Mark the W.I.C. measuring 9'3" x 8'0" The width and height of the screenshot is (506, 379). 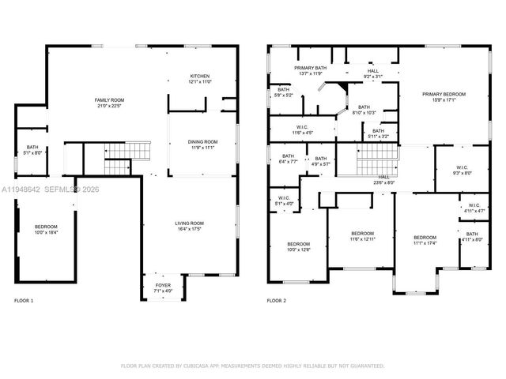(463, 170)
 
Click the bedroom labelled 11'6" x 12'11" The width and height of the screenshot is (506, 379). (362, 236)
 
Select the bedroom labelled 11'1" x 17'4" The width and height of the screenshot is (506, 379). (425, 240)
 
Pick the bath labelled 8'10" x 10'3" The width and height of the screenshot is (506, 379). (364, 110)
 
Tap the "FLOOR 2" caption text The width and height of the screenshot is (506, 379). (276, 301)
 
